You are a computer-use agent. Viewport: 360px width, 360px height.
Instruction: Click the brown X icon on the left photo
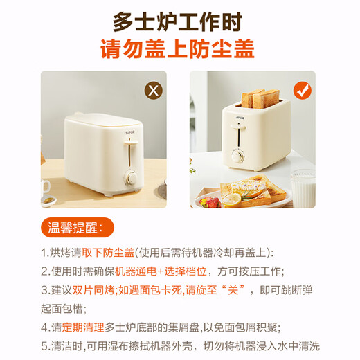click(152, 90)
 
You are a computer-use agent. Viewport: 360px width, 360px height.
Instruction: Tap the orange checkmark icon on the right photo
click(303, 90)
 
